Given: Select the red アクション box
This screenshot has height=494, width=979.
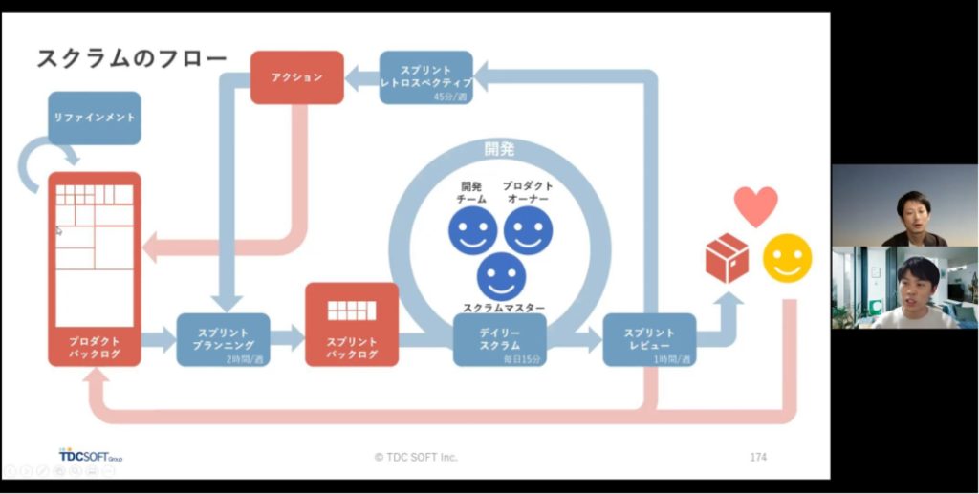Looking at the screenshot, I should click(296, 77).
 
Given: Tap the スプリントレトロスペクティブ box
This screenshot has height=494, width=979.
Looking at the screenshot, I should click(425, 77).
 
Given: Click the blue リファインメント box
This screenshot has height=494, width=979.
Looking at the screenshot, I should click(94, 118).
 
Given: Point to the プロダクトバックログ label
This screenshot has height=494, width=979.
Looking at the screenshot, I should click(94, 347).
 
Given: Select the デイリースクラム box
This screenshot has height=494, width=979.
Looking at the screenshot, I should click(499, 339).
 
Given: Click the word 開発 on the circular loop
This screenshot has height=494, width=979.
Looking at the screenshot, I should click(499, 150).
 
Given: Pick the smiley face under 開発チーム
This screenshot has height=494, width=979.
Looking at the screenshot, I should click(472, 230).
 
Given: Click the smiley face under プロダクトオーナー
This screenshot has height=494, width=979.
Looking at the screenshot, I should click(528, 230).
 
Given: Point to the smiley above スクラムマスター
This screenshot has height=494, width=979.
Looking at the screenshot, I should click(501, 275).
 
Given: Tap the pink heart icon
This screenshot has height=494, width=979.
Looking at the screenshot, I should click(755, 205).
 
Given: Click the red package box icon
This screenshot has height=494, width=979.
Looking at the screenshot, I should click(727, 259).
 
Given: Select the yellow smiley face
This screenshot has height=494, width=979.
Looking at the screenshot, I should click(787, 258).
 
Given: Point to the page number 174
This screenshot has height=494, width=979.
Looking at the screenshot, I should click(758, 457).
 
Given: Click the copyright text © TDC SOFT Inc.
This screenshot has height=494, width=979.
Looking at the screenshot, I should click(416, 457).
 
